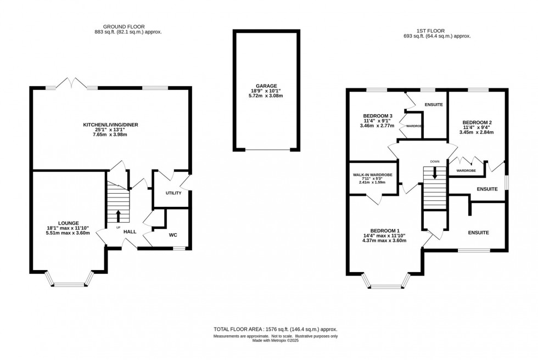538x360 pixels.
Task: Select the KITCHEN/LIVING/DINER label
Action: pos(110,125)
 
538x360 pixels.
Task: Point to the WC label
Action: pos(173,235)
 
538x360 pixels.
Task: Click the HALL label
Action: pos(130,232)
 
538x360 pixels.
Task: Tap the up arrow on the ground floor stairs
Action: pos(118,215)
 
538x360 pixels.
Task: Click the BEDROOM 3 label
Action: pos(378,116)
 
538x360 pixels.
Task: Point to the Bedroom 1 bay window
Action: pos(386,286)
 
